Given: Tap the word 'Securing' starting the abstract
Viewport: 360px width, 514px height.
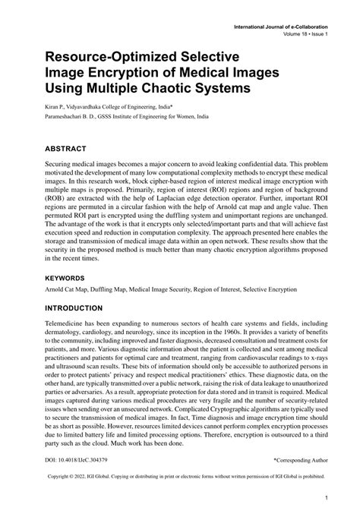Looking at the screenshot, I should click(x=60, y=164).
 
